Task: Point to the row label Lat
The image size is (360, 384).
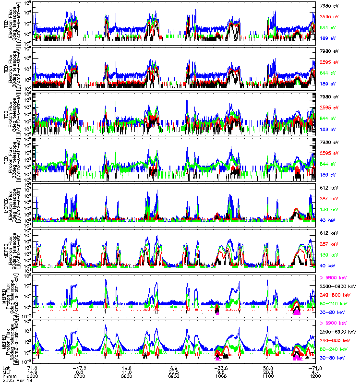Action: coord(6,368)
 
